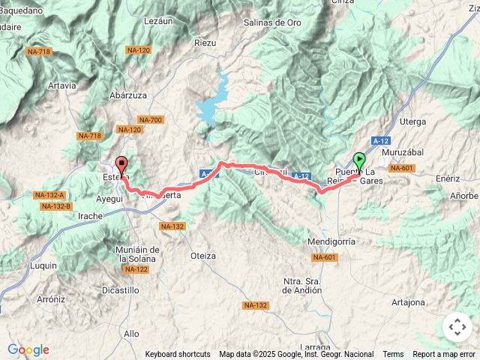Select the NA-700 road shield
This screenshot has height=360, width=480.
point(151,120)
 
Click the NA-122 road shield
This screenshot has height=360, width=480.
point(136,269)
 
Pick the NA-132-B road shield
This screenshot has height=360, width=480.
point(56,206)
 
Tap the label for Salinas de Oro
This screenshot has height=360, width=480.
point(272,22)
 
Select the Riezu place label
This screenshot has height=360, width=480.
point(205,43)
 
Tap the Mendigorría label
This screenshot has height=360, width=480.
point(331,241)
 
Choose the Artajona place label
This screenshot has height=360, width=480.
point(408,302)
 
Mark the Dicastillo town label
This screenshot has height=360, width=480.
point(121,289)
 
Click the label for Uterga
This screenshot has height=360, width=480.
point(413,121)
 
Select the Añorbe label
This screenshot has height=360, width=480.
point(463,196)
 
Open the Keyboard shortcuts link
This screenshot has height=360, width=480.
point(178,354)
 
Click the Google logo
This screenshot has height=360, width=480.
point(28,349)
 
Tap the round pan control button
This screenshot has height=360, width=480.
point(457,327)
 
